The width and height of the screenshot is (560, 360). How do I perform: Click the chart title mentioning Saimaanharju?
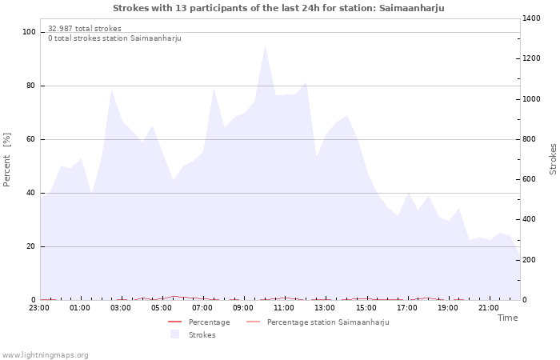pos(278,8)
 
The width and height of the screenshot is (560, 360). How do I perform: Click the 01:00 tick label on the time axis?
pos(80,307)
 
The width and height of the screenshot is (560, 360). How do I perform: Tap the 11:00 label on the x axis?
pos(284,307)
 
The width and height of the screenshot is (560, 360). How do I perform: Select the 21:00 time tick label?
pos(488,307)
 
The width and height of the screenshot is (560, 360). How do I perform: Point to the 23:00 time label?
pos(39,307)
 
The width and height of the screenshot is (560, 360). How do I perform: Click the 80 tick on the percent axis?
pos(31,86)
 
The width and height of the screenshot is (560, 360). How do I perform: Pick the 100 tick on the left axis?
pos(29,32)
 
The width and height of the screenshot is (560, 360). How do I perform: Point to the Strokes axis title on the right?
pos(553,158)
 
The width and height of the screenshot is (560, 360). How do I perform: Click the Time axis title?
pos(507,318)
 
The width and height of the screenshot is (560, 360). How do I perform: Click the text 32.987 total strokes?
pos(85,29)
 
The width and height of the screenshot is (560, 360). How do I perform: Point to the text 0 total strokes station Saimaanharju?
pos(114,38)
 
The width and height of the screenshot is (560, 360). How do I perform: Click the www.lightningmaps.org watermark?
pos(46,354)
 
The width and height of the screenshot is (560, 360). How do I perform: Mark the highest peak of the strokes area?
pos(265,46)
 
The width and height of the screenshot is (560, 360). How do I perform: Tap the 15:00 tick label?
pos(366,307)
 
